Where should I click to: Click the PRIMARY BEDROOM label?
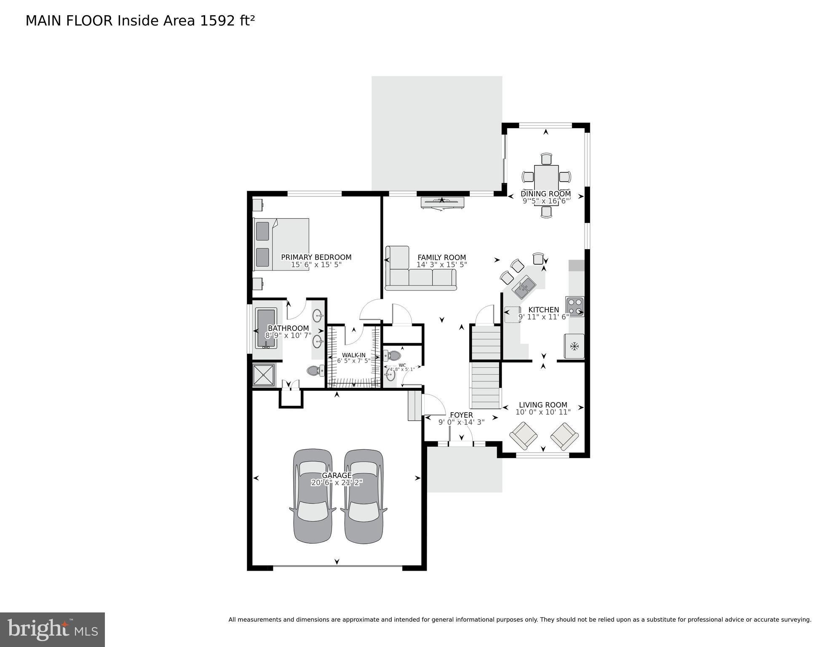click(316, 257)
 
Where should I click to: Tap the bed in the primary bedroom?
click(281, 244)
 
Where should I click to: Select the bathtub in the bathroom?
click(266, 328)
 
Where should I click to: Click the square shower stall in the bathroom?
click(264, 375)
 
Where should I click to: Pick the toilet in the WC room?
click(393, 355)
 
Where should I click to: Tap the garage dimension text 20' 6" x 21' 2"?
click(337, 483)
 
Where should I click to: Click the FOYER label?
click(461, 415)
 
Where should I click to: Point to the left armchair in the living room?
click(523, 435)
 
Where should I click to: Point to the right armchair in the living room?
click(564, 436)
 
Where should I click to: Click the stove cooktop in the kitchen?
click(575, 307)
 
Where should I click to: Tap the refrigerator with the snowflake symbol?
click(574, 346)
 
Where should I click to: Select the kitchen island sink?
click(524, 287)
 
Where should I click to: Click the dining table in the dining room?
click(546, 179)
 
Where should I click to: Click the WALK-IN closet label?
click(353, 355)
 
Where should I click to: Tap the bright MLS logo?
click(52, 629)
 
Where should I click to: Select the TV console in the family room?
click(442, 202)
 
